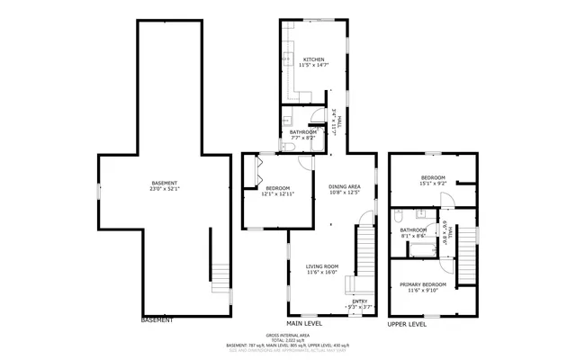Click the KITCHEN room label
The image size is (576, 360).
(x=313, y=58)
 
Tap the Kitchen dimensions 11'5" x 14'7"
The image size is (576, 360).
(x=313, y=65)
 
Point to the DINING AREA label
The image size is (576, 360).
(x=345, y=185)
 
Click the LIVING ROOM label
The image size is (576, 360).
(x=321, y=266)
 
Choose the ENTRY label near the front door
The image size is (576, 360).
(x=359, y=301)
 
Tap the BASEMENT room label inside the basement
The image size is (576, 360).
(x=165, y=183)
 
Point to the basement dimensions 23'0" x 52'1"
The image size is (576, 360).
(x=165, y=189)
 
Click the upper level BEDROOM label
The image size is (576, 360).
(x=433, y=177)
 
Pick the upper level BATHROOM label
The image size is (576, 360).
(x=414, y=229)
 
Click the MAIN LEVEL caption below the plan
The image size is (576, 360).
(x=304, y=323)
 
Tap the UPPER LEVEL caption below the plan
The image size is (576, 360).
(x=408, y=323)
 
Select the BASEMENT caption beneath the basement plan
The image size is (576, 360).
(x=157, y=319)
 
